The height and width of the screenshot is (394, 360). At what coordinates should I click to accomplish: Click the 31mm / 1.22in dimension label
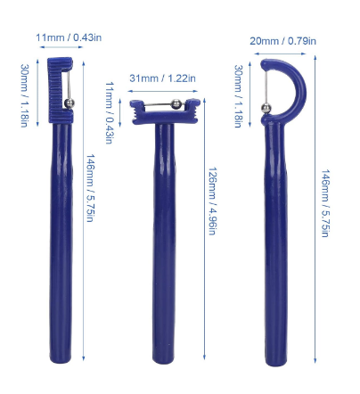pos(162,78)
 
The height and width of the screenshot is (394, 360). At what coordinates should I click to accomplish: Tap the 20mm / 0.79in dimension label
pos(282,41)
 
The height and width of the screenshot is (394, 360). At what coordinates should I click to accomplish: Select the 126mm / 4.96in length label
pos(211,201)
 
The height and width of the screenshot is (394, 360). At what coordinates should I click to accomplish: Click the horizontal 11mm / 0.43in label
pos(69,37)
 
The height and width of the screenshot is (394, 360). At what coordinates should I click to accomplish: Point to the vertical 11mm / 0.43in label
pos(110,113)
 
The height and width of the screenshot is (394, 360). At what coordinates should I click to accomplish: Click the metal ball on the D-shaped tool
pos(266,108)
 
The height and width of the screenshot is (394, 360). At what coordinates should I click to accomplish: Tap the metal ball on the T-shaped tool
pos(176,103)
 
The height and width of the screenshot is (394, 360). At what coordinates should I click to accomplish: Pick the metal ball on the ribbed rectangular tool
pos(69,103)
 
